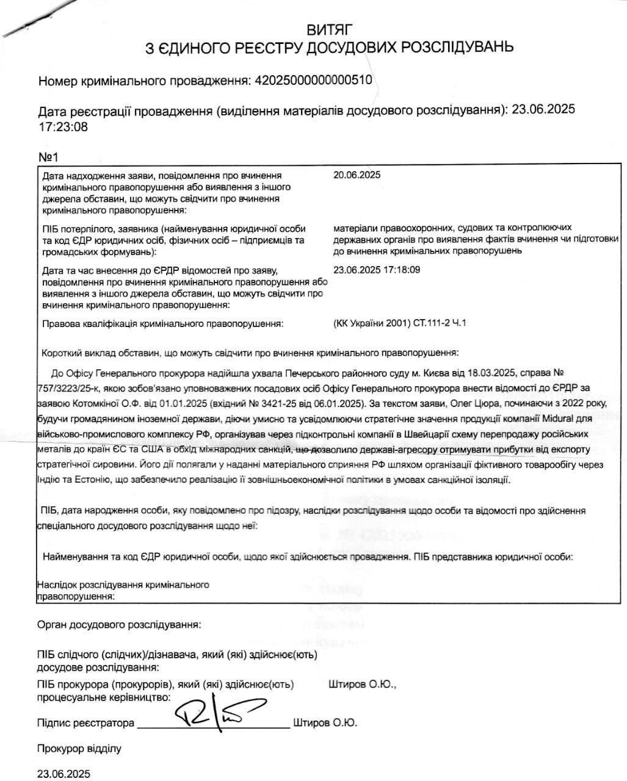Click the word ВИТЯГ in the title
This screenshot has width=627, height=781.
[330, 29]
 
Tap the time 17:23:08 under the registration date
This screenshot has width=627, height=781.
[63, 127]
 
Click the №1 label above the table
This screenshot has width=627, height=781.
[48, 157]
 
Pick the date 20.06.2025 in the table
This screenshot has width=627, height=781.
[357, 175]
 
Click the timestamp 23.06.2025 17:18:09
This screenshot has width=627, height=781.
[377, 269]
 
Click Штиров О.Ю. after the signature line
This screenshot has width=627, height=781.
[325, 723]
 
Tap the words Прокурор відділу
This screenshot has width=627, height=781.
[79, 748]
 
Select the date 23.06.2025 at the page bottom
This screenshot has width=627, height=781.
[63, 774]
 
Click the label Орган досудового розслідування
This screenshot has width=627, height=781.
[118, 625]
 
